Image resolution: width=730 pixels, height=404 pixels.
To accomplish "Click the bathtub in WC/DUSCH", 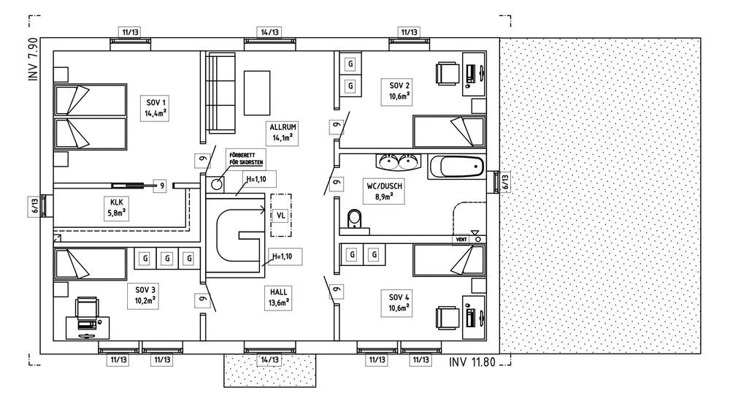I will tap(456, 167).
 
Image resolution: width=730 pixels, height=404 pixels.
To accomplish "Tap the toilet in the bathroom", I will tap(356, 218).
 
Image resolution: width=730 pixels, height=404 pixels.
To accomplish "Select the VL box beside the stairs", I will tap(280, 215).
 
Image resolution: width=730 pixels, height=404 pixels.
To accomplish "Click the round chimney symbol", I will tap(218, 184).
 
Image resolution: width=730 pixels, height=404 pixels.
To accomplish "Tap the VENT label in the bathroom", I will tap(461, 239).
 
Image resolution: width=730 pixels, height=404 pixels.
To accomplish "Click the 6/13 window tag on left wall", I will tap(34, 206).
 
